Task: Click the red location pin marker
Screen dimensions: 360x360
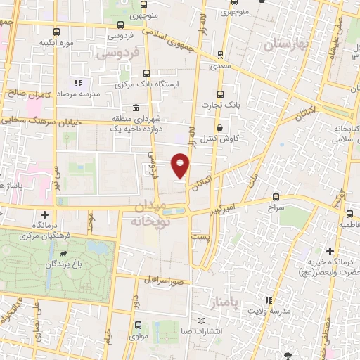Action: (x=181, y=166)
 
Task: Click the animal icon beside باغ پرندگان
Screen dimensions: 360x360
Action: (x=64, y=253)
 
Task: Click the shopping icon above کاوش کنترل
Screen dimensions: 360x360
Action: (x=221, y=129)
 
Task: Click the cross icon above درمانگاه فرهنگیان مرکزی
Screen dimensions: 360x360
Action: (x=45, y=214)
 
